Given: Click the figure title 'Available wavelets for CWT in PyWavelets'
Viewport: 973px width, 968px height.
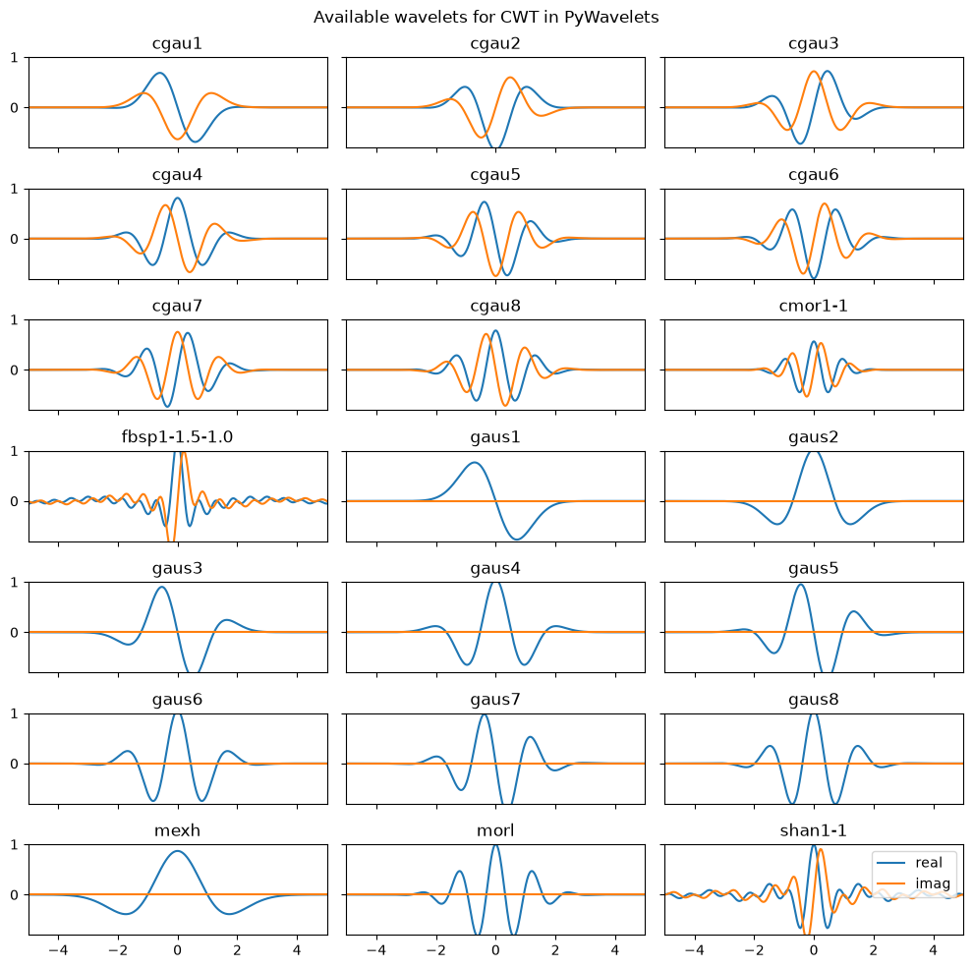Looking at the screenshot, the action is coord(486,18).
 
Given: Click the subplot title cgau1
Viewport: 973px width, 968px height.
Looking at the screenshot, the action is coord(177,44).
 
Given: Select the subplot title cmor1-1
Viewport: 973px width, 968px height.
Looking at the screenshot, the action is coord(813,306).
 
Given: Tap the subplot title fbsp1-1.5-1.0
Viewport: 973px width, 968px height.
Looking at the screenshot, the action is coord(177,437).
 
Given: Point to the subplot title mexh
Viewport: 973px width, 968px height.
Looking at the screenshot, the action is coord(177,830).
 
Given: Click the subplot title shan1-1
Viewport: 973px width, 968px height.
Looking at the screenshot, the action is coord(813,830).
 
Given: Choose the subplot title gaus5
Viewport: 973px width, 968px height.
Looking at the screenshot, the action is coord(813,568).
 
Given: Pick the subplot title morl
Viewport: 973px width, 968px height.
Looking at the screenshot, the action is coord(495,830).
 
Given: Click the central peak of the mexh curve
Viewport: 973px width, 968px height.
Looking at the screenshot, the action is coord(178,851).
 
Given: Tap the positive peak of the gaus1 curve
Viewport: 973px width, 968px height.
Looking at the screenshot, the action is coord(475,462).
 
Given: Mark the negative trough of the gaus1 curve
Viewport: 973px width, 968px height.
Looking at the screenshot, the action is coord(516,539).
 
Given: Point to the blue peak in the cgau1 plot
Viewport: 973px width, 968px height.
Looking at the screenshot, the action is coord(160,74).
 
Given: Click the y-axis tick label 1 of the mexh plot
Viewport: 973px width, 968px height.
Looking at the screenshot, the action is coord(15,845).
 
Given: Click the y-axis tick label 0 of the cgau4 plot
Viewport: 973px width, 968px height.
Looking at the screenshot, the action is coord(15,239).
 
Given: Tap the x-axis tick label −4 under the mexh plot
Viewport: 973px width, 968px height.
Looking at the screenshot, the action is coord(58,950).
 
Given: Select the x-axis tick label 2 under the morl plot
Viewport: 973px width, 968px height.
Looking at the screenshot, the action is coord(554,950).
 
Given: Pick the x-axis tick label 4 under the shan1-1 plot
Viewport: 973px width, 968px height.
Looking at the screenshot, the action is coord(933,950).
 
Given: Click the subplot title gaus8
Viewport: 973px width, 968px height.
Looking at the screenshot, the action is coord(813,700).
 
